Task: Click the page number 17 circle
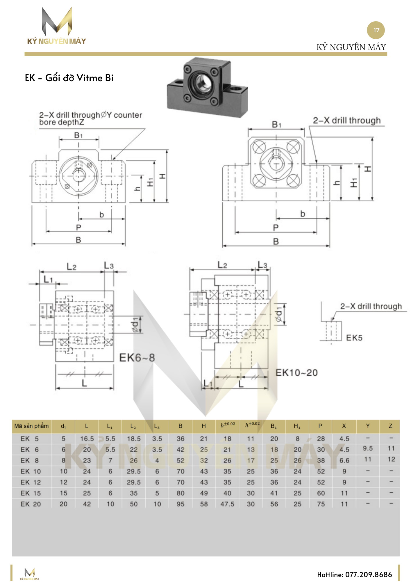click(376, 30)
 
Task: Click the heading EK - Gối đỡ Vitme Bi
click(69, 78)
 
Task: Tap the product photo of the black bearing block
click(207, 87)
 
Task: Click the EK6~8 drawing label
click(137, 358)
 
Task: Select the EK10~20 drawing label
click(296, 372)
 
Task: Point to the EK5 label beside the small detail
click(354, 338)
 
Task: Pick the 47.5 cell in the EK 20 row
click(227, 504)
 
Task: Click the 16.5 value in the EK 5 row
click(87, 439)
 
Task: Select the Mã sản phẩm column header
click(32, 426)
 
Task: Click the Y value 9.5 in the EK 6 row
click(368, 448)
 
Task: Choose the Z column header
click(390, 426)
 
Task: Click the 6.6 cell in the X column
click(344, 460)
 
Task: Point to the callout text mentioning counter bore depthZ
click(90, 118)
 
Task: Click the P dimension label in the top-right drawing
click(276, 228)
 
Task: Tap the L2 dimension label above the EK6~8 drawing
click(72, 266)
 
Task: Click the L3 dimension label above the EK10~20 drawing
click(262, 265)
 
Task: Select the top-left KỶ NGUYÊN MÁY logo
click(57, 26)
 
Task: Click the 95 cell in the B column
click(181, 504)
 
